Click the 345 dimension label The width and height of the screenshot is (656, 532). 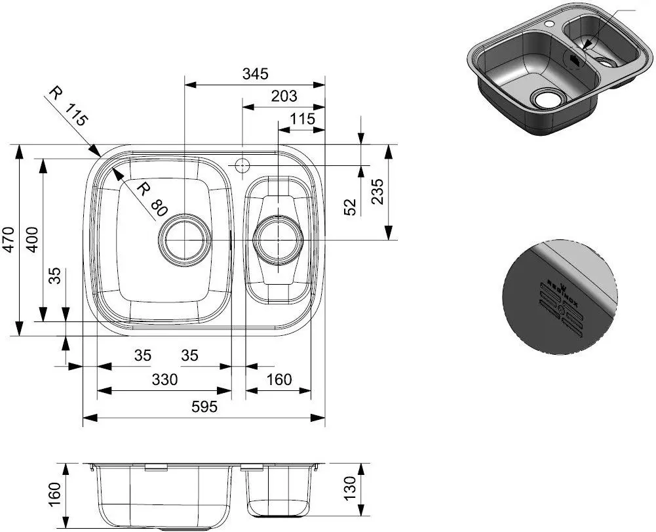click(x=255, y=74)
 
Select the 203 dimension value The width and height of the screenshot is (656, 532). click(x=284, y=96)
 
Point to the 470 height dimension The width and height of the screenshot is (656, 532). click(x=9, y=241)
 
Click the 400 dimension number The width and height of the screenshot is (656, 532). click(x=33, y=241)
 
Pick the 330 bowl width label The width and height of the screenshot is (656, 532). click(x=164, y=380)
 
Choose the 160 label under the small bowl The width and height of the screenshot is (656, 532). click(x=279, y=380)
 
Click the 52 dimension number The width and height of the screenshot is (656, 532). click(x=351, y=207)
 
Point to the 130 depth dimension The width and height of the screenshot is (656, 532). click(x=351, y=486)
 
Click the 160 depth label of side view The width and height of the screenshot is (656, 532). click(x=55, y=493)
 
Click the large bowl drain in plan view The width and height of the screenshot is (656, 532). click(x=185, y=239)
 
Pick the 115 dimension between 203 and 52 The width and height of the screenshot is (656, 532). click(x=302, y=119)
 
